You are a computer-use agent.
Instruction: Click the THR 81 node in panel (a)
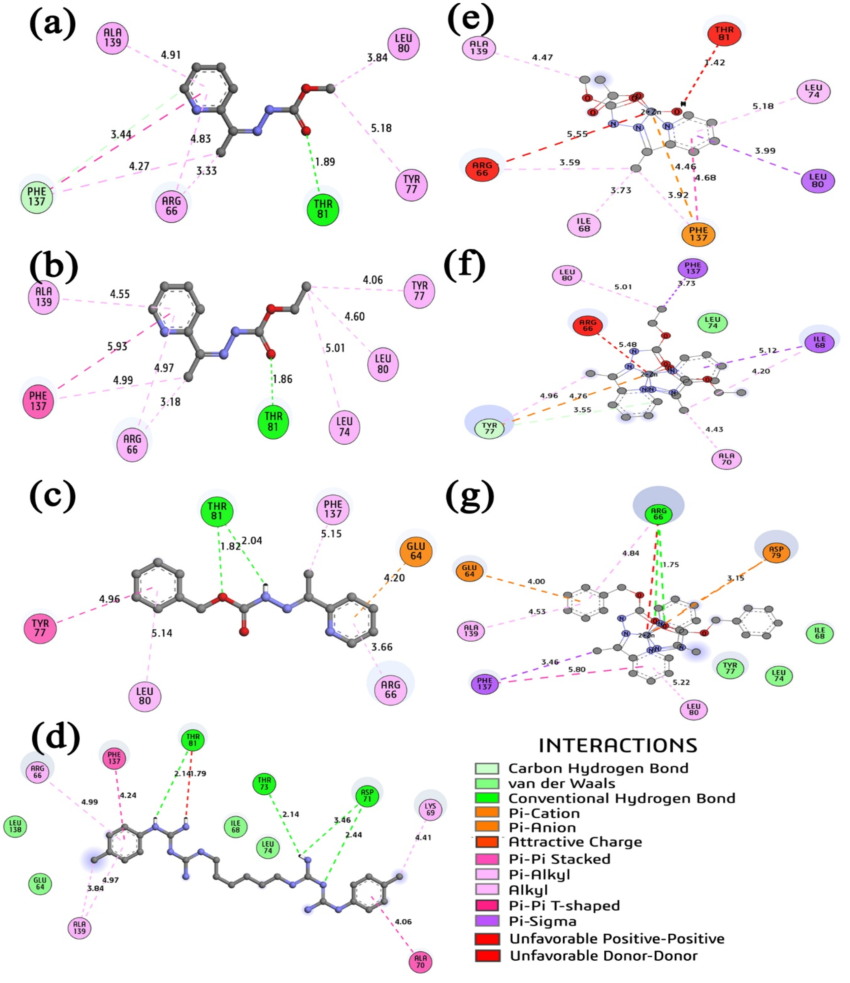click(x=323, y=209)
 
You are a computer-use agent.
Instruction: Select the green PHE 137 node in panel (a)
click(x=36, y=196)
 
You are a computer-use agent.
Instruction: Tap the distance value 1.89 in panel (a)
click(x=325, y=162)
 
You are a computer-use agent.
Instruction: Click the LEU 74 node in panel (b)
click(x=345, y=426)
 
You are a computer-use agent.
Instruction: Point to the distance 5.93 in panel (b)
click(x=117, y=346)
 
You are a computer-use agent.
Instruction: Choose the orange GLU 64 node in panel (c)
click(x=416, y=551)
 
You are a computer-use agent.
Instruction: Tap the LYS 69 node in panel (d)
click(x=430, y=810)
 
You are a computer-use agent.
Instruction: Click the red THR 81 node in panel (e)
click(x=724, y=33)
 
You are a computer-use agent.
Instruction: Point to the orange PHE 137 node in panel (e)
click(x=698, y=234)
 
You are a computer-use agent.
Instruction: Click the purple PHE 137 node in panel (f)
click(x=692, y=268)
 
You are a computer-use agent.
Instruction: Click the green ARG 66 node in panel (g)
click(x=658, y=514)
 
